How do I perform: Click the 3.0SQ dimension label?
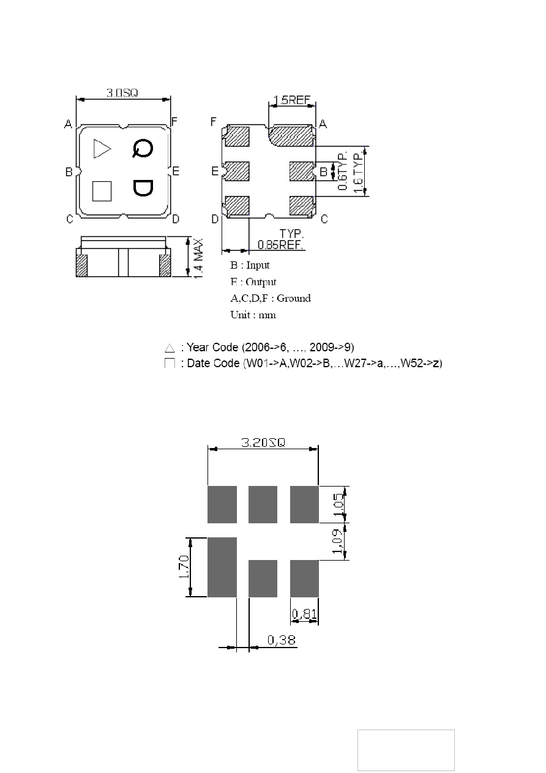122,93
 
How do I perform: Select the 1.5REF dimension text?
291,100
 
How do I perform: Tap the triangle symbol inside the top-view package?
102,149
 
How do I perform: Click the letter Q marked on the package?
142,148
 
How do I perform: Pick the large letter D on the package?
142,188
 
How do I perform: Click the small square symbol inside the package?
102,191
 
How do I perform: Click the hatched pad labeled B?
301,170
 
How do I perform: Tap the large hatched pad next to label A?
291,135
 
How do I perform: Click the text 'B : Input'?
250,266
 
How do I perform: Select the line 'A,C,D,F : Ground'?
270,299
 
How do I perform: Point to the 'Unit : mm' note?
253,315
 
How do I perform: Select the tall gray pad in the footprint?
222,567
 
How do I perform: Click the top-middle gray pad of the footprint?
263,504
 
